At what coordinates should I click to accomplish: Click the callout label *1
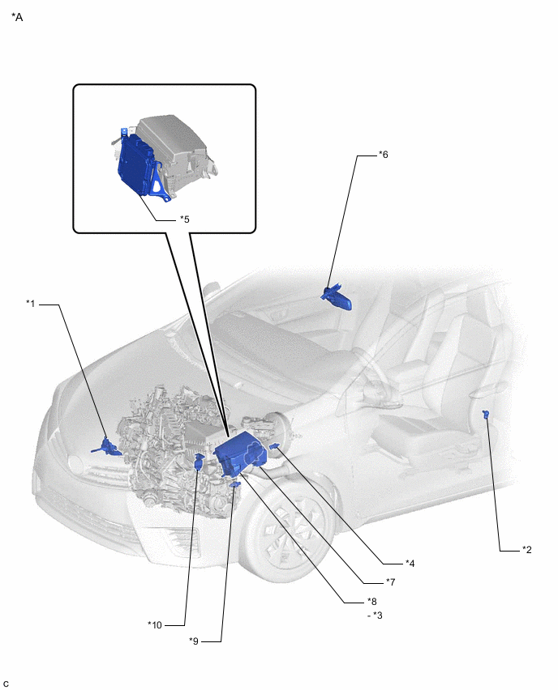30,303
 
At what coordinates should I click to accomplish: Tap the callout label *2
526,550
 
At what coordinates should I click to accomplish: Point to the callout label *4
410,564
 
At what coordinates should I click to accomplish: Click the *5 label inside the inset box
185,219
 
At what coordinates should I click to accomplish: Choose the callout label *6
384,155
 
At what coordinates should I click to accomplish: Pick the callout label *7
390,582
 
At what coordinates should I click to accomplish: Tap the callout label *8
372,601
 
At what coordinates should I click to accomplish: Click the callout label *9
194,641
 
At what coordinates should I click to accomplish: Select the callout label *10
155,625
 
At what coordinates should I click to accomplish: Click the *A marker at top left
17,17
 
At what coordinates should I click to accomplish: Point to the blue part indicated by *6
337,298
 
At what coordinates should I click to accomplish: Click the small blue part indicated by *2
486,413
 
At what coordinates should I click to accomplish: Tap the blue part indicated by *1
107,447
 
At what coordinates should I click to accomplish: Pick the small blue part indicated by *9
235,484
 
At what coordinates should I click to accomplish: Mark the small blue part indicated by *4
273,447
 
